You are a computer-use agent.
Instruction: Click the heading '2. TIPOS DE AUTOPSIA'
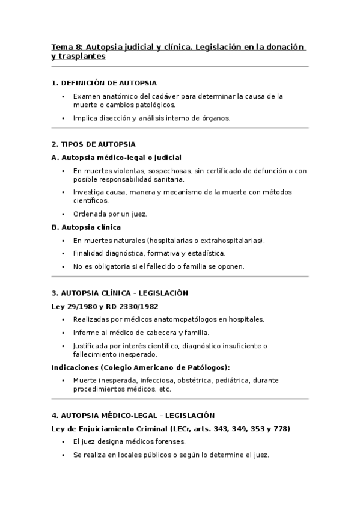coord(94,144)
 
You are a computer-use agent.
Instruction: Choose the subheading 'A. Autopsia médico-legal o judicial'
coord(117,158)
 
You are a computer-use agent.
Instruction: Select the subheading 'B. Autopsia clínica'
coord(87,227)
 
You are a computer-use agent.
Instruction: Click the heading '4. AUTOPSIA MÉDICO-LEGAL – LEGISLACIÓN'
coord(133,416)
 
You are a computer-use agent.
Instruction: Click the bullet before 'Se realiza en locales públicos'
coord(63,455)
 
